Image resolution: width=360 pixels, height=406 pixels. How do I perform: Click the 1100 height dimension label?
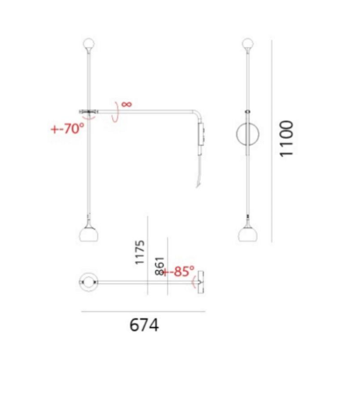pyautogui.click(x=286, y=139)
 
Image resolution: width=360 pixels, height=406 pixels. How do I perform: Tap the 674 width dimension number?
pyautogui.click(x=145, y=324)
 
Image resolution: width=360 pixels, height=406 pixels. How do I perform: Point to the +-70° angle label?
pyautogui.click(x=67, y=128)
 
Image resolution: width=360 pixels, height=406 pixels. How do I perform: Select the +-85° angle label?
pyautogui.click(x=178, y=271)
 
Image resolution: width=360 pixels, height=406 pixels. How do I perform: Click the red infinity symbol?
pyautogui.click(x=127, y=103)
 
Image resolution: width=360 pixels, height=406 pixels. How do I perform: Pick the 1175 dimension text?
pyautogui.click(x=140, y=253)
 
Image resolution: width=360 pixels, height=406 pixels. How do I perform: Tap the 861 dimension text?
pyautogui.click(x=160, y=266)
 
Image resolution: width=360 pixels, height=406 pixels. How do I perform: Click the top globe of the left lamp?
pyautogui.click(x=89, y=44)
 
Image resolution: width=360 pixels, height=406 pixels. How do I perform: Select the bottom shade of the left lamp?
pyautogui.click(x=88, y=234)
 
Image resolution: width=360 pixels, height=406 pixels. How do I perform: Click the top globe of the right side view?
pyautogui.click(x=248, y=44)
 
